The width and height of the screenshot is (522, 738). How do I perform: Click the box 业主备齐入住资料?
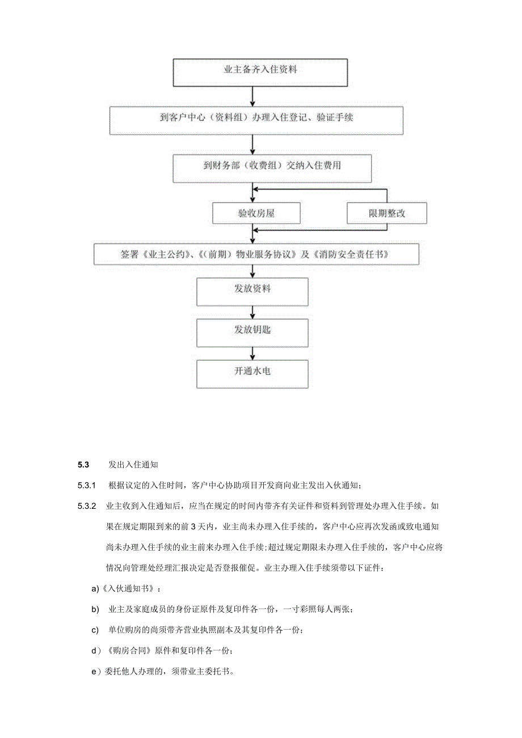click(x=260, y=71)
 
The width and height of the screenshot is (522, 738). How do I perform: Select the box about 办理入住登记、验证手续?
click(x=256, y=119)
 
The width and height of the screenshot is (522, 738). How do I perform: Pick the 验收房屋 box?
click(x=256, y=213)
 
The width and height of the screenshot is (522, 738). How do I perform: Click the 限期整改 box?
click(x=387, y=213)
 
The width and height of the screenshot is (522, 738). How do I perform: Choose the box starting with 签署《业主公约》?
click(x=256, y=254)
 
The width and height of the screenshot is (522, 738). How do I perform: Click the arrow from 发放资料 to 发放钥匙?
click(x=252, y=312)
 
